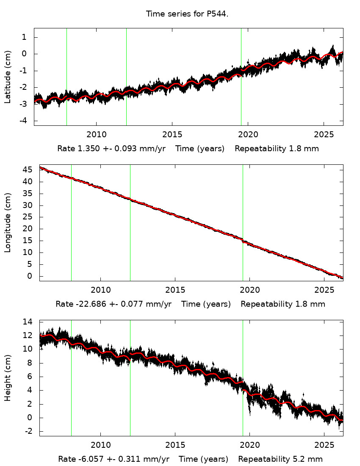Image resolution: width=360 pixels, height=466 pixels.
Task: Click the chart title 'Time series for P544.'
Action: (187, 14)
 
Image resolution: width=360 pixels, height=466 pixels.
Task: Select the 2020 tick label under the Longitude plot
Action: (249, 291)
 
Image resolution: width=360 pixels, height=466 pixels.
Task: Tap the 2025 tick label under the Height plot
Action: (324, 446)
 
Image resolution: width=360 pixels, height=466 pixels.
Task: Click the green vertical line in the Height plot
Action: (71, 378)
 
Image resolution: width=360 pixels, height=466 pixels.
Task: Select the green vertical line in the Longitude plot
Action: (71, 223)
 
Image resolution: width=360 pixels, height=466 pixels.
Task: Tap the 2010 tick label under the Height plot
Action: (101, 446)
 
